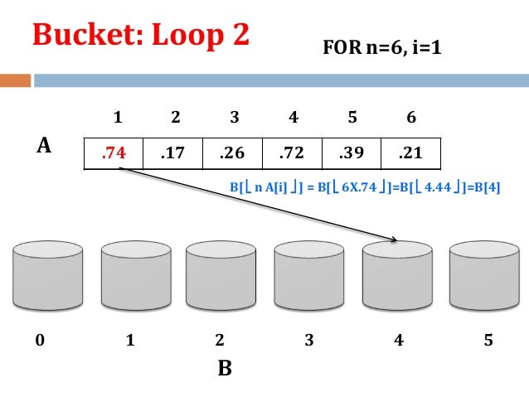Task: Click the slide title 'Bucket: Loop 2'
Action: (140, 36)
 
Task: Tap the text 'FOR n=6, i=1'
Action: (382, 49)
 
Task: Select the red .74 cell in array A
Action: (114, 153)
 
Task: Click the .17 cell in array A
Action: (172, 153)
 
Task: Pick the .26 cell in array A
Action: (232, 153)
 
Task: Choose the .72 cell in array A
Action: (292, 153)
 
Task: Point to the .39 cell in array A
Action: (351, 153)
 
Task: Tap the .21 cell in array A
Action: (410, 153)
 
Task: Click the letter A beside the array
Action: (45, 147)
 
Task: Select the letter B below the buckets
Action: (224, 369)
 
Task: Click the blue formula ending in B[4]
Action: (365, 188)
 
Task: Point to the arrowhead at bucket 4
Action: (395, 241)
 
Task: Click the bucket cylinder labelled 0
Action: (46, 275)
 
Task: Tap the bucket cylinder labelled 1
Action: (135, 275)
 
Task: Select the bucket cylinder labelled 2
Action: (221, 275)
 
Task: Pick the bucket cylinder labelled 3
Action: (309, 275)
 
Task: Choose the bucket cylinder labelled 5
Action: (483, 275)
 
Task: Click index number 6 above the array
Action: (410, 118)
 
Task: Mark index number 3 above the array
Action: (235, 118)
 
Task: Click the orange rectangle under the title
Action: (15, 81)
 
